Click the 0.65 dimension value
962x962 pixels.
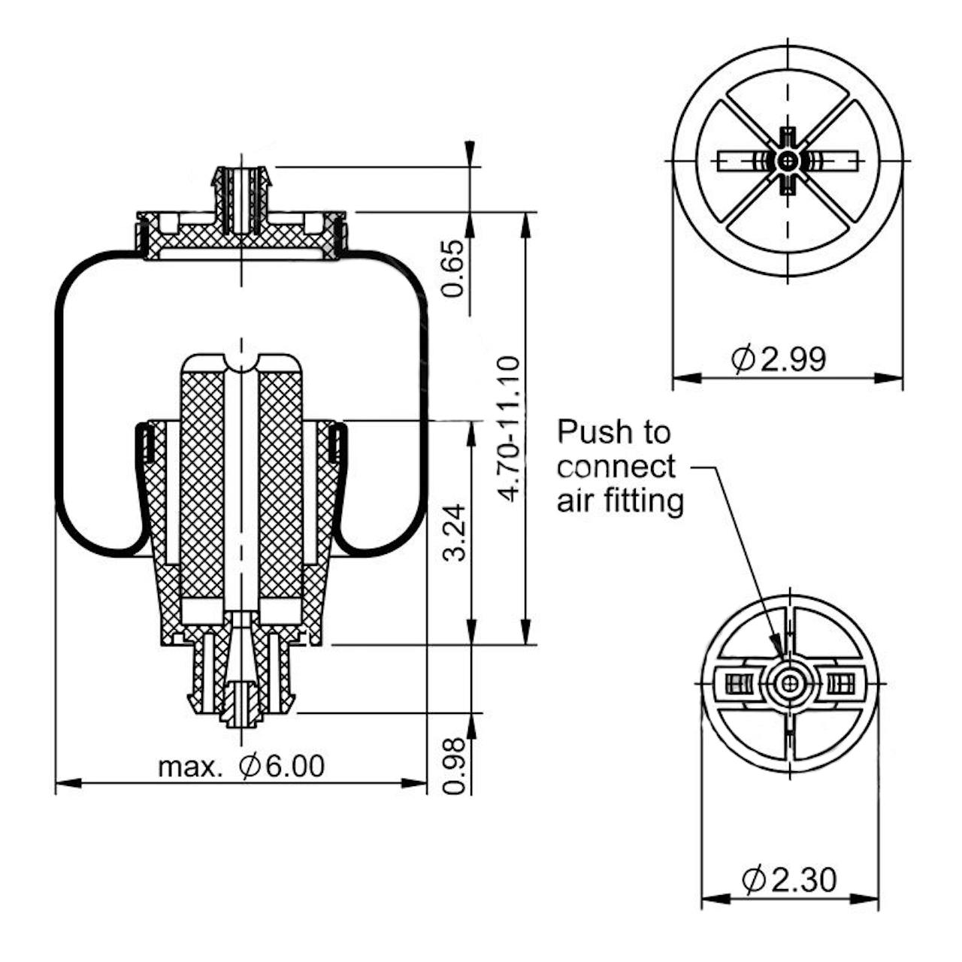tap(455, 268)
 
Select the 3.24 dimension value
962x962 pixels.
tap(455, 533)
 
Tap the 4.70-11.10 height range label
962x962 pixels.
tap(509, 429)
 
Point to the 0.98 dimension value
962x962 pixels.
tap(455, 767)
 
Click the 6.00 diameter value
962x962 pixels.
tap(295, 766)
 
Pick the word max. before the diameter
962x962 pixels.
tap(189, 768)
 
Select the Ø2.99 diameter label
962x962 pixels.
tap(779, 359)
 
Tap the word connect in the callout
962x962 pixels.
tap(616, 467)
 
